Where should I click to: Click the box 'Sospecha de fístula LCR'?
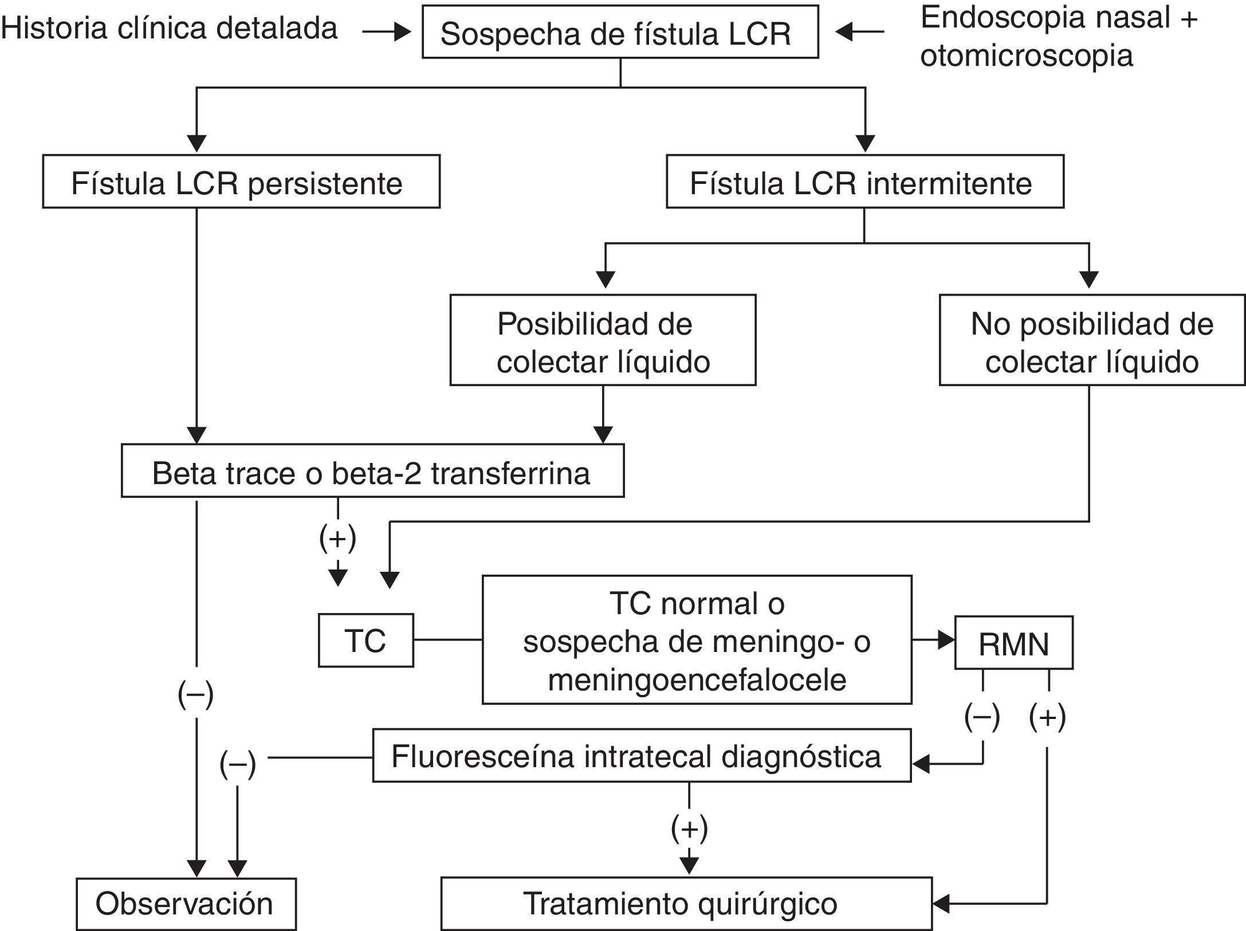click(620, 33)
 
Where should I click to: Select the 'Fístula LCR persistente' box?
click(241, 182)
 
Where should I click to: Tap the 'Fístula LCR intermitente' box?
click(864, 182)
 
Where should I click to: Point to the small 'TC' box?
click(365, 641)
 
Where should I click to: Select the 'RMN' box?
click(1013, 643)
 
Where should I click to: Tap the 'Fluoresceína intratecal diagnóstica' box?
click(642, 755)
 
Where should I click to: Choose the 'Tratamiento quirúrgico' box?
click(686, 903)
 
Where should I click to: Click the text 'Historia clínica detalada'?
click(170, 29)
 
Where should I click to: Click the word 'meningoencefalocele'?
click(697, 680)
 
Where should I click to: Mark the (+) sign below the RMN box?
click(1047, 717)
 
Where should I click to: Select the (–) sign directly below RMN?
click(982, 717)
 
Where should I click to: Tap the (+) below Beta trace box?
click(337, 537)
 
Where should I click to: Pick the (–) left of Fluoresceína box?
click(237, 764)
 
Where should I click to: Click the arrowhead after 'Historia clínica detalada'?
click(403, 33)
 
